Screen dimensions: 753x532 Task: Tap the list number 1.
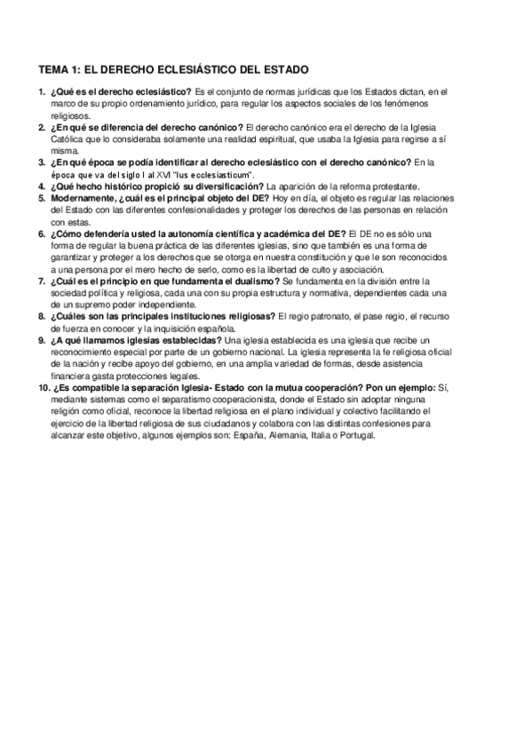(x=42, y=91)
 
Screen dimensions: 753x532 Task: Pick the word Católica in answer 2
(x=69, y=139)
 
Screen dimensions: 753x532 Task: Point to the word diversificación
(x=224, y=186)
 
